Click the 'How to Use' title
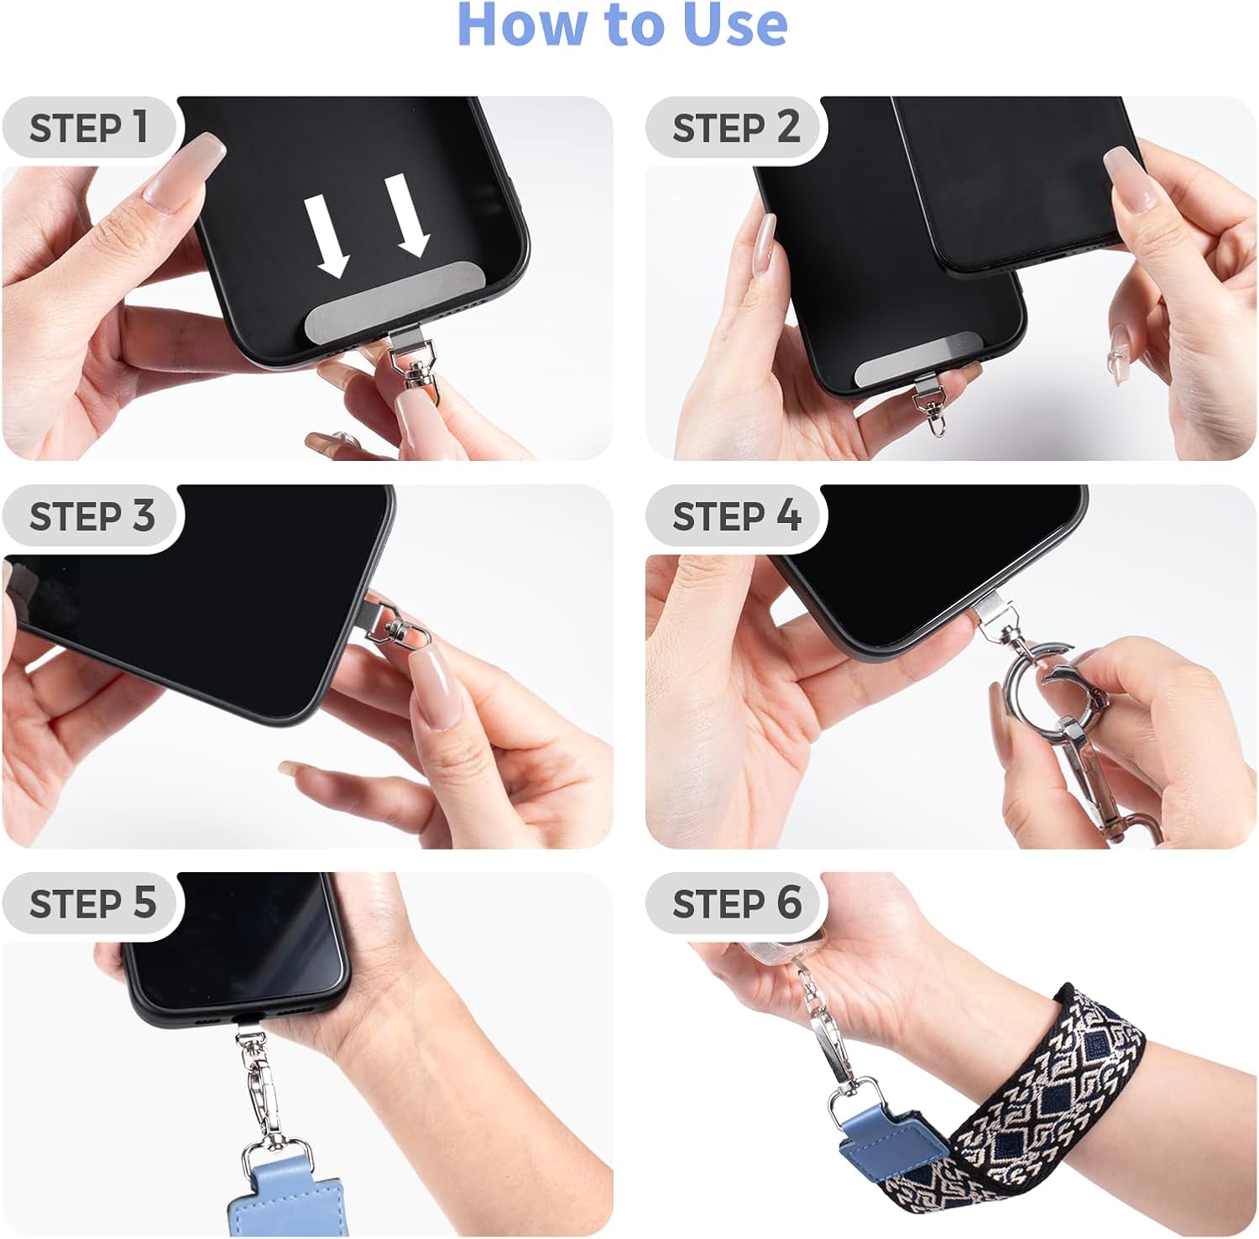[622, 25]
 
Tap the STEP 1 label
[89, 128]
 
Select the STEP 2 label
[735, 128]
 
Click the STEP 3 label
[91, 515]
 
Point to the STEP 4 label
[736, 515]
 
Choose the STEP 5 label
[92, 903]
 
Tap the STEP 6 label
[736, 903]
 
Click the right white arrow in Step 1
[409, 215]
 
